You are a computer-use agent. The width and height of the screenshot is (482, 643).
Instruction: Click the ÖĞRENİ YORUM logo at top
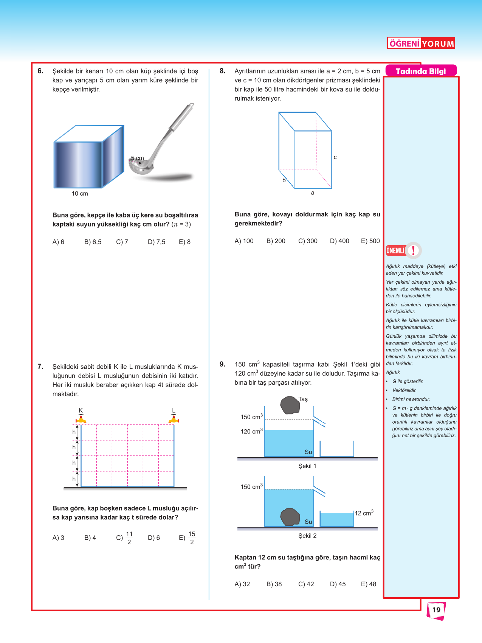pos(421,43)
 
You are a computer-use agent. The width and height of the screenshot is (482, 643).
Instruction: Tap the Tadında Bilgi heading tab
pos(421,71)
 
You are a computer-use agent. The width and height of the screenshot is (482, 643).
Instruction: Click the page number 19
pos(436,610)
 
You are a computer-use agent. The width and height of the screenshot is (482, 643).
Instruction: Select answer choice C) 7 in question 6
pos(122,242)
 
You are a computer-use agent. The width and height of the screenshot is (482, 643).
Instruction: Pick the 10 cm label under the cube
pos(80,194)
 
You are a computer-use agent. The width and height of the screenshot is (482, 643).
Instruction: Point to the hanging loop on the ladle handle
pos(191,106)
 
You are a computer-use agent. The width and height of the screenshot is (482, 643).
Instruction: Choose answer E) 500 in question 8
pos(370,241)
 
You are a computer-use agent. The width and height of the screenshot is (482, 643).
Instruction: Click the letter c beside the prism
pos(335,157)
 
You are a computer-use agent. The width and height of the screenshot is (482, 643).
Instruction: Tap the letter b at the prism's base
pos(284,180)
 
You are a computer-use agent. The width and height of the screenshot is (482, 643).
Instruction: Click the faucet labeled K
pos(81,419)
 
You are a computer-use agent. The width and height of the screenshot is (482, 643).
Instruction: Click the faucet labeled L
pos(174,419)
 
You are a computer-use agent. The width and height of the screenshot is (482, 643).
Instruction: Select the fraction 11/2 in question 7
pos(129,538)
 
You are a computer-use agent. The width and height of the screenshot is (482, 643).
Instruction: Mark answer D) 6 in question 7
pos(154,538)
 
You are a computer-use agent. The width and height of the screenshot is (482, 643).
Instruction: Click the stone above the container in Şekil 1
pos(290,405)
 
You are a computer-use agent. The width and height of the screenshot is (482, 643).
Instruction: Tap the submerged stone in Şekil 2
pos(290,517)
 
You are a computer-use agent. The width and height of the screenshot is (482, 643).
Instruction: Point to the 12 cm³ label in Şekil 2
pos(364,513)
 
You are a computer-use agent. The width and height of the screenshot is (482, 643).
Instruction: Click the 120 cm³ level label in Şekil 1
pos(251,432)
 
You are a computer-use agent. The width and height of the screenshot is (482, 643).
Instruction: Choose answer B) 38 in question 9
pos(274,584)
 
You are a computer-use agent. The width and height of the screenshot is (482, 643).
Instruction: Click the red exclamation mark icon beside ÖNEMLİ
pos(414,250)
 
